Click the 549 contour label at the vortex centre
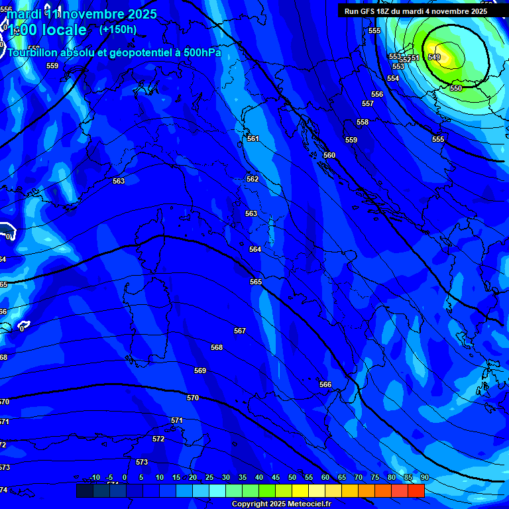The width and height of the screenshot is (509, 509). coord(434,57)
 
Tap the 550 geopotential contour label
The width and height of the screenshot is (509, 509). coord(456,88)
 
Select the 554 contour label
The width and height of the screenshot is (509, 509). coord(393,78)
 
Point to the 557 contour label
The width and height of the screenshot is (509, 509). coord(368,103)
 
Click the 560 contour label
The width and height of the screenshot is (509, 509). coord(329,155)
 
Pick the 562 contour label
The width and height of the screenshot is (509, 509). coord(253,179)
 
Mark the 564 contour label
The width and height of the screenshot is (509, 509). coord(255,249)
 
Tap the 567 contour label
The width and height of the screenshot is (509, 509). coord(240,331)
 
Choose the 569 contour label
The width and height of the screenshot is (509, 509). coord(200,370)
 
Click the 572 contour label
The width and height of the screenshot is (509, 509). coord(158,439)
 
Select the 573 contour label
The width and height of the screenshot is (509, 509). coord(142,462)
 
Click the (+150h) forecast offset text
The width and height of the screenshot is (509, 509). coord(118,29)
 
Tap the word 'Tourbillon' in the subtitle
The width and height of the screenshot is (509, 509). coord(33,53)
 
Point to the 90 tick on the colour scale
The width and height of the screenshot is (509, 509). coord(424,477)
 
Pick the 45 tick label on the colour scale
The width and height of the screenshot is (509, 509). coord(276,477)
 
